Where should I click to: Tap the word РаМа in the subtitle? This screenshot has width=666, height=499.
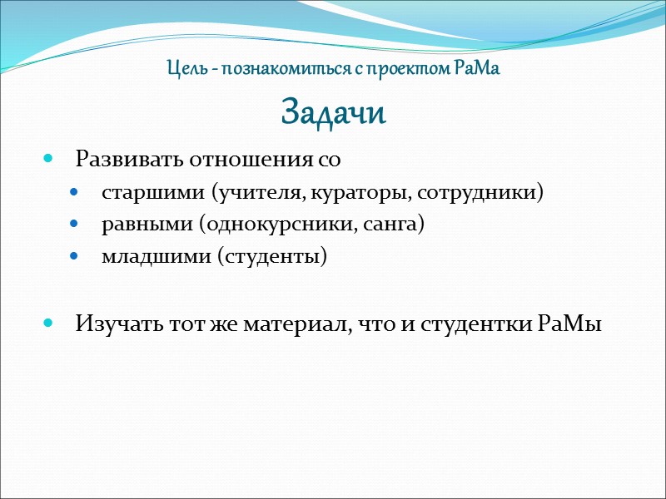pos(478,68)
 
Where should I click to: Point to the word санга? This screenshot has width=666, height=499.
pos(395,225)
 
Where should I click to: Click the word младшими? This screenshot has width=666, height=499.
pos(155,257)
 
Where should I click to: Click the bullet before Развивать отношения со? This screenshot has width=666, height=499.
pos(47,158)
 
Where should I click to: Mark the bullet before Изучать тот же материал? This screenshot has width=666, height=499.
pos(47,323)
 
